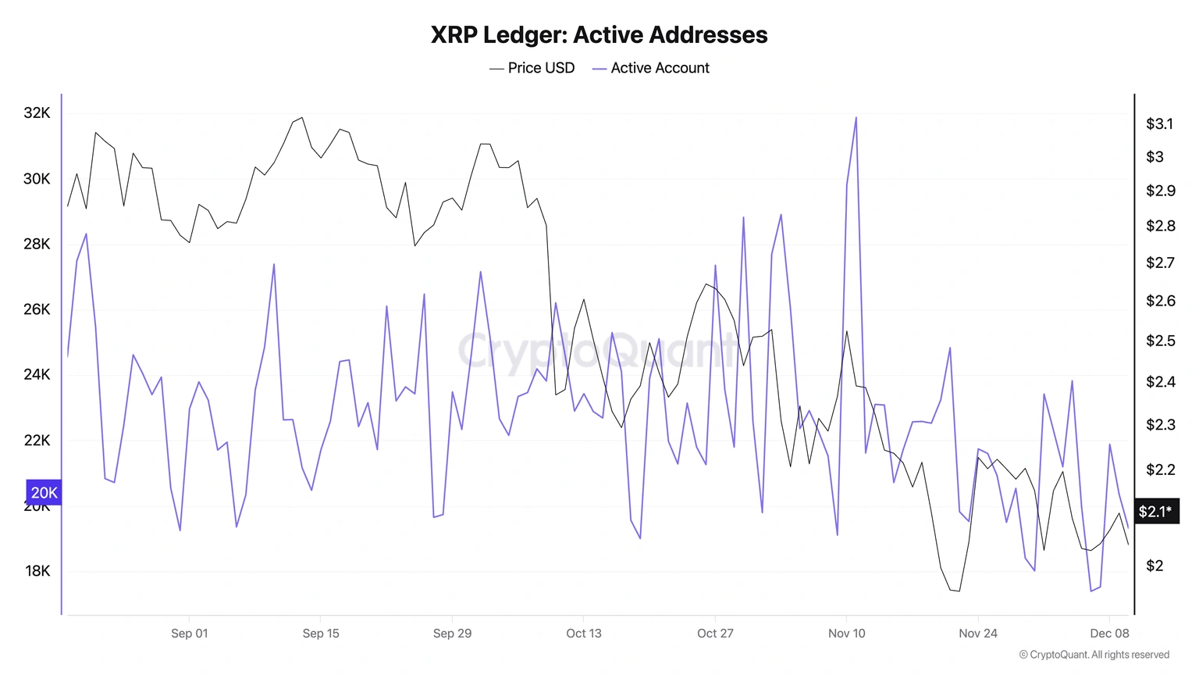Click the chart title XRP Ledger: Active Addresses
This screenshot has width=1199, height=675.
599,35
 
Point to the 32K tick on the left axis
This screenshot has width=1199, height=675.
37,113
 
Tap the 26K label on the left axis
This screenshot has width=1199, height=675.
37,309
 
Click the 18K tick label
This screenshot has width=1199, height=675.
37,571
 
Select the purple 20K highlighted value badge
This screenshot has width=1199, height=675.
44,493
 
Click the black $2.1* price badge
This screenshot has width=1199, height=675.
1155,512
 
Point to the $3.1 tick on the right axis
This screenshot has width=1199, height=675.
1159,124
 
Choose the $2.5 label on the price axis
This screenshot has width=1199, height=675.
1160,341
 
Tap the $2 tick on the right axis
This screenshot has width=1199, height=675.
1155,566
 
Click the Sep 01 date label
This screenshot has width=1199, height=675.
190,634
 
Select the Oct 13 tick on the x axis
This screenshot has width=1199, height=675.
584,634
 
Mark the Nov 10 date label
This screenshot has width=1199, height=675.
846,634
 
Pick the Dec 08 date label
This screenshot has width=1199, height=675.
1109,634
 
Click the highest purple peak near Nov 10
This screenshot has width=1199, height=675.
856,119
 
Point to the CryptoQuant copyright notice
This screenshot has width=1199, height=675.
1094,655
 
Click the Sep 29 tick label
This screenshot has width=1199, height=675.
452,634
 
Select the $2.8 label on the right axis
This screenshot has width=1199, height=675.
1160,227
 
